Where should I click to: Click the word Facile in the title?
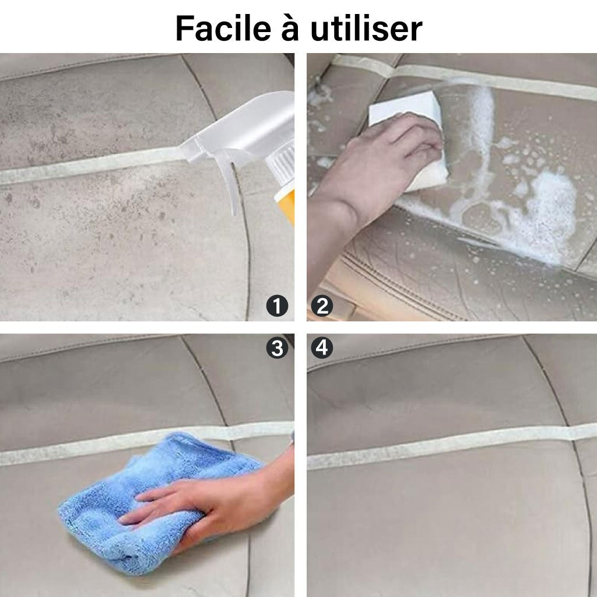point(223,29)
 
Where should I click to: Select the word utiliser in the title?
point(366,29)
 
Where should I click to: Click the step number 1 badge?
point(277,305)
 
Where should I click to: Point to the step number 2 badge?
point(322,305)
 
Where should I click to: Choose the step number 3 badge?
point(277,348)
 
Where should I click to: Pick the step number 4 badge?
point(322,348)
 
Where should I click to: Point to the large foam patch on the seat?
point(545,217)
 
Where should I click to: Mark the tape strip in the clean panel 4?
point(452,445)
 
